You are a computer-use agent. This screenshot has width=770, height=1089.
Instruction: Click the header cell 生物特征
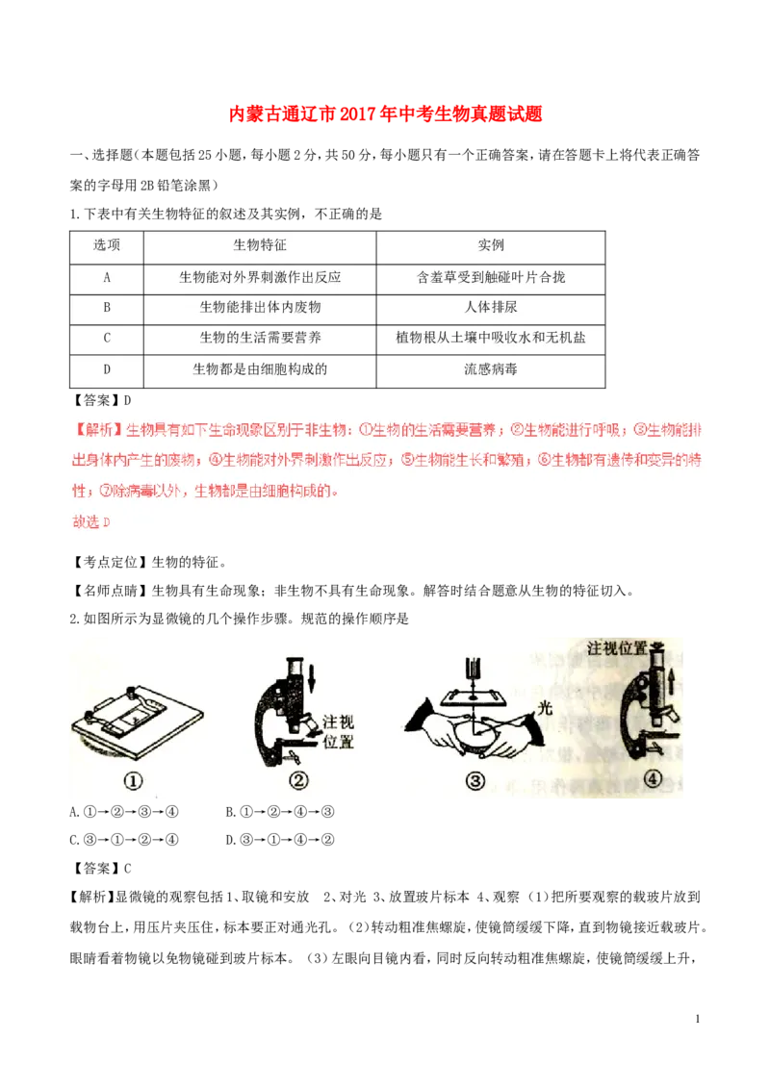pyautogui.click(x=260, y=245)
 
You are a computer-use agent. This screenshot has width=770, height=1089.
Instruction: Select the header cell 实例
pyautogui.click(x=491, y=245)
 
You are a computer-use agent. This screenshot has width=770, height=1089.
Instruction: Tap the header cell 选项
pyautogui.click(x=107, y=245)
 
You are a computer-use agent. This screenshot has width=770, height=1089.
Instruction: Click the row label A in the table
pyautogui.click(x=107, y=277)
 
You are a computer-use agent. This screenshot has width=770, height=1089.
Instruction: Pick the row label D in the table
pyautogui.click(x=107, y=368)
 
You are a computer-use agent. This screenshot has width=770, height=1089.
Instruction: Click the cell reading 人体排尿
pyautogui.click(x=491, y=308)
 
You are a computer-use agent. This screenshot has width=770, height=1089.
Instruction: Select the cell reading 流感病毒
pyautogui.click(x=491, y=368)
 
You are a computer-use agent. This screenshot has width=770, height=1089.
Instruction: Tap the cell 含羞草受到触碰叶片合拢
pyautogui.click(x=491, y=277)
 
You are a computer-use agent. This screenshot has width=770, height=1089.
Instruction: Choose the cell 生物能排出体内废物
pyautogui.click(x=260, y=308)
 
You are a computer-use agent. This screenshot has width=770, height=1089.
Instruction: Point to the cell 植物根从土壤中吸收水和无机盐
pyautogui.click(x=491, y=338)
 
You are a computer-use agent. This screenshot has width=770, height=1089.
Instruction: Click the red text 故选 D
pyautogui.click(x=92, y=521)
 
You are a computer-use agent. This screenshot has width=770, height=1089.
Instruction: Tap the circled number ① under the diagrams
pyautogui.click(x=134, y=781)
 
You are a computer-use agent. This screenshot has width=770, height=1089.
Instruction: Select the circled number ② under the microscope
pyautogui.click(x=298, y=781)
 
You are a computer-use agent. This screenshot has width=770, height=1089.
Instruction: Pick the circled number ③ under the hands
pyautogui.click(x=475, y=781)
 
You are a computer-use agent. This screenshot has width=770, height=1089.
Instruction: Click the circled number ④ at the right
pyautogui.click(x=654, y=779)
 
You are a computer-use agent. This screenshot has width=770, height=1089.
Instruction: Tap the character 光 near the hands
pyautogui.click(x=547, y=707)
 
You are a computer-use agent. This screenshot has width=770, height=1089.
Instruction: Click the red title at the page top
pyautogui.click(x=385, y=114)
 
